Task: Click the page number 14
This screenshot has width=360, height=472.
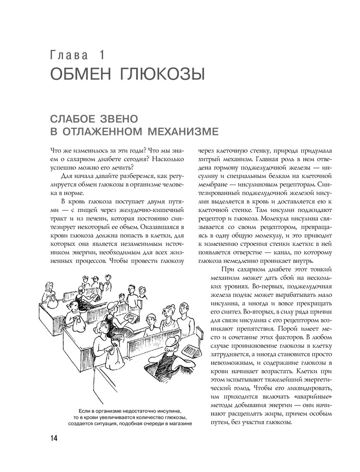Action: point(52,438)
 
